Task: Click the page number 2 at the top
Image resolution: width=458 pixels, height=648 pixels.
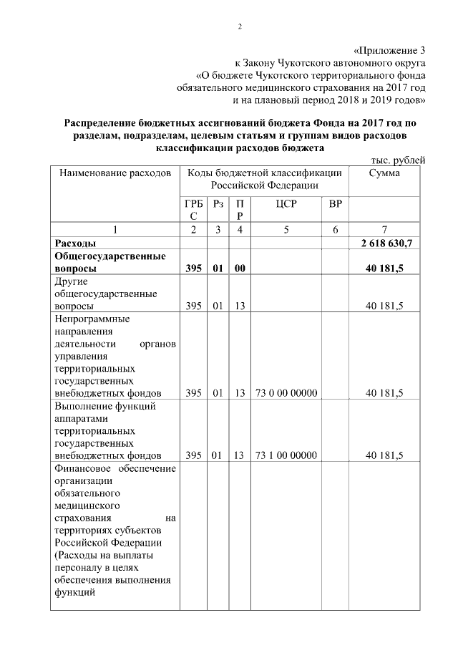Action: click(x=241, y=27)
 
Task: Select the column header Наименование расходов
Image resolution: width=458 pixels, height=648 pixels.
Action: click(x=115, y=173)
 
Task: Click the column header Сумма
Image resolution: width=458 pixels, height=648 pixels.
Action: click(x=384, y=173)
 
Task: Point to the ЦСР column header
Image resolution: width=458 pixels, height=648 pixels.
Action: click(x=285, y=205)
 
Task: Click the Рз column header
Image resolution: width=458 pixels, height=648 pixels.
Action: click(x=218, y=205)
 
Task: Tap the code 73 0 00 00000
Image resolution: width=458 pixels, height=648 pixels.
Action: click(x=286, y=392)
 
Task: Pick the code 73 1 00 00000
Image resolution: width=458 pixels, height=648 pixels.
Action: click(x=286, y=455)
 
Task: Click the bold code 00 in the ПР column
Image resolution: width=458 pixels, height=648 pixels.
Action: click(x=240, y=269)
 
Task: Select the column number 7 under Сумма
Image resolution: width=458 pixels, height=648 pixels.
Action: click(x=384, y=229)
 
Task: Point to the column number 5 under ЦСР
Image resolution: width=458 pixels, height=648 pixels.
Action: click(x=286, y=229)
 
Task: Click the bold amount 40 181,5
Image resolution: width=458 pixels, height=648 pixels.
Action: click(x=386, y=269)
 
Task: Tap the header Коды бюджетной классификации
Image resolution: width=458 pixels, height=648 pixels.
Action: click(x=264, y=173)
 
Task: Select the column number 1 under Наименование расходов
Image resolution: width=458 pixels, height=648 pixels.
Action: click(x=114, y=229)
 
